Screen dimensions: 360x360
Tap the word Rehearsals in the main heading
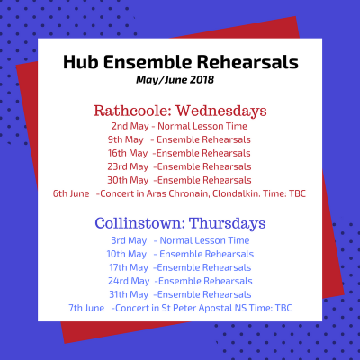pos(247,62)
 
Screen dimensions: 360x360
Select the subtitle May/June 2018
pos(175,80)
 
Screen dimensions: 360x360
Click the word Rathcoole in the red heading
pos(132,111)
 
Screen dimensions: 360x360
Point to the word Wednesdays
pos(221,111)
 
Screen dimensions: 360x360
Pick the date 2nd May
pos(130,126)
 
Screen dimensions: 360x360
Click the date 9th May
pos(126,139)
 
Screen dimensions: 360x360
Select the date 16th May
pos(128,153)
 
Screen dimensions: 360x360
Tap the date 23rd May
pos(128,166)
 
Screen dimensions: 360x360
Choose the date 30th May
pos(128,180)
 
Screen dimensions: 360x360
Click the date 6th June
pos(71,193)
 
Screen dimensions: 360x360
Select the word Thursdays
pos(228,224)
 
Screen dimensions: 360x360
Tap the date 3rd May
pos(129,240)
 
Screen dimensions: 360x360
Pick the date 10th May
pos(127,254)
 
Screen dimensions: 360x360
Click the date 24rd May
pos(129,281)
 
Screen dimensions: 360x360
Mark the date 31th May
pos(129,294)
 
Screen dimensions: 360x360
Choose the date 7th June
pos(86,308)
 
